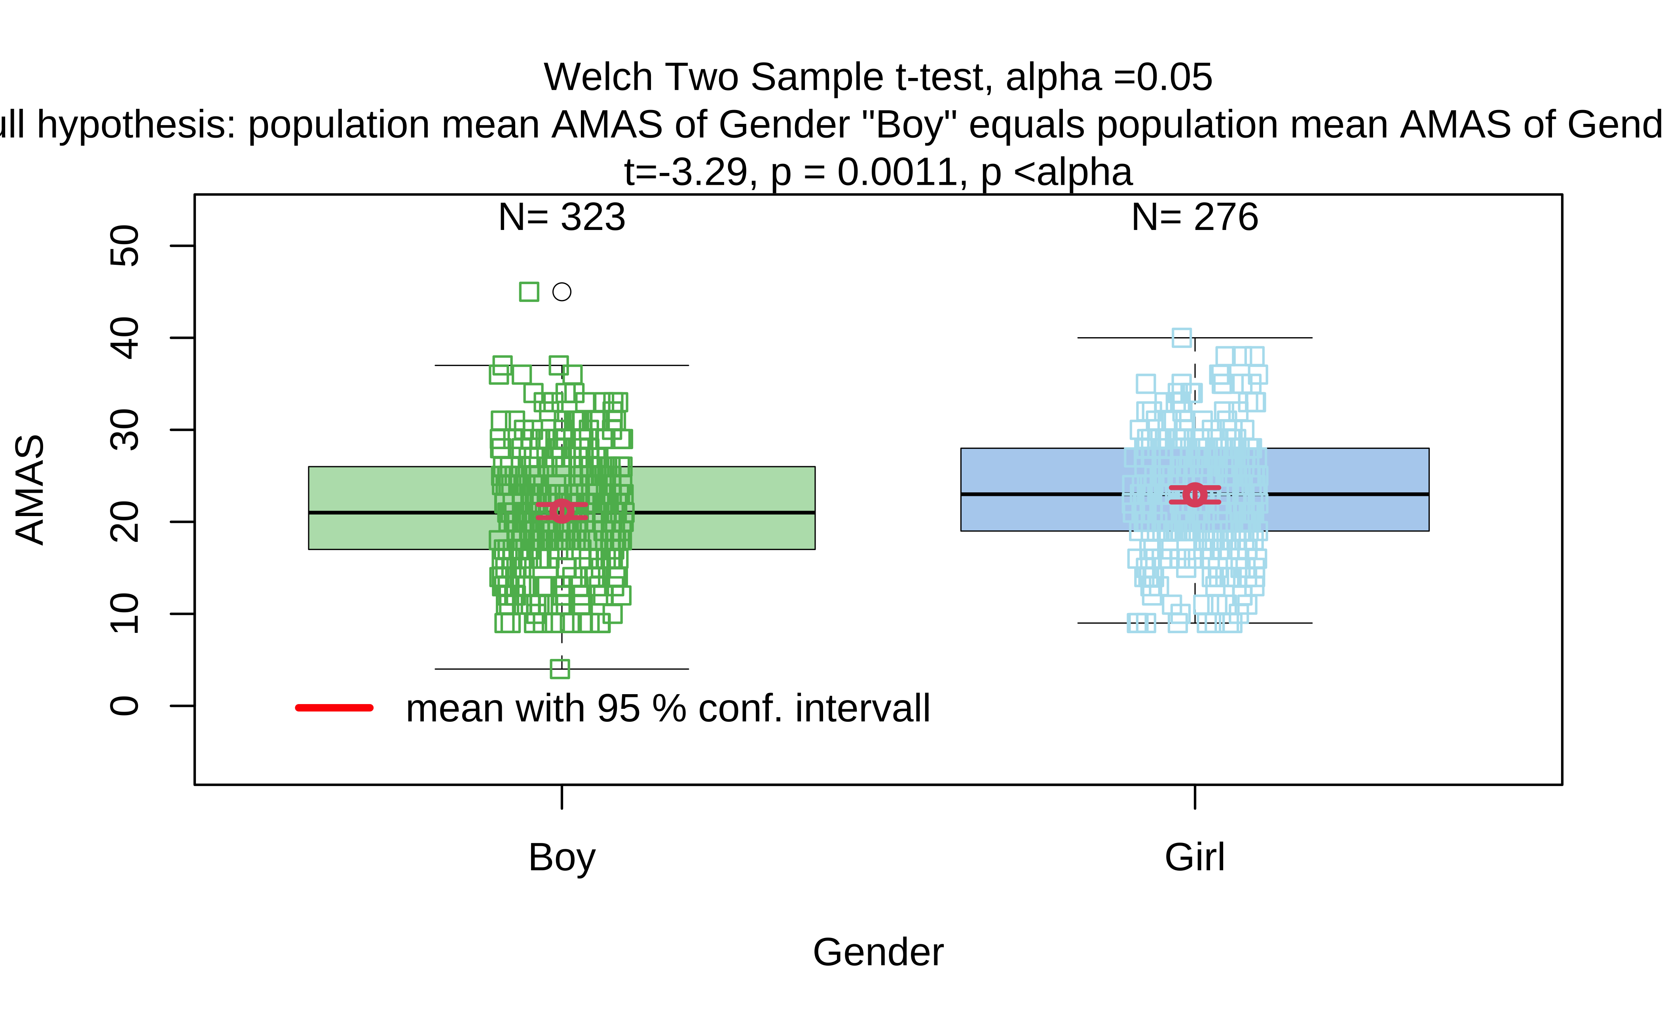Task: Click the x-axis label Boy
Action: pos(562,857)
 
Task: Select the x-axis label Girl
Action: pos(1195,857)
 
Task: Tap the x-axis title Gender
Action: pos(878,952)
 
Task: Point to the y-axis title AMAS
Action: pos(30,489)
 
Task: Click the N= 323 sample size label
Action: pos(562,217)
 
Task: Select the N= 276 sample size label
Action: pos(1195,217)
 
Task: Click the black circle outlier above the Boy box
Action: pos(562,292)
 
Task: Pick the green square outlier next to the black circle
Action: pos(529,292)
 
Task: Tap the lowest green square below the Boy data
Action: pos(560,669)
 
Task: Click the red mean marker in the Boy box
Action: pos(562,511)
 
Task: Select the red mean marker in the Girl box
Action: pos(1195,494)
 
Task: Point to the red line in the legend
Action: pos(334,708)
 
